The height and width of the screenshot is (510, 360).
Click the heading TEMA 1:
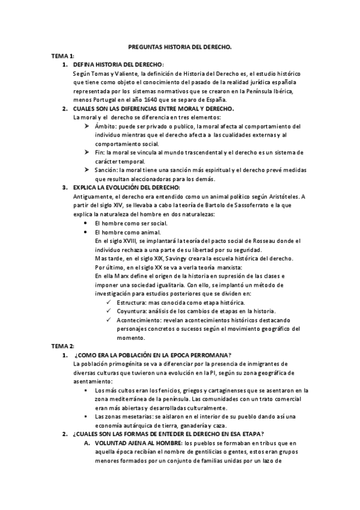pos(63,55)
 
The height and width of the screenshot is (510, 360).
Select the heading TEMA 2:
pos(63,346)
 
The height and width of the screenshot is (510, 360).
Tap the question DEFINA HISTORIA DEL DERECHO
pos(118,64)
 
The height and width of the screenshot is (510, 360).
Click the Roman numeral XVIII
pos(129,241)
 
